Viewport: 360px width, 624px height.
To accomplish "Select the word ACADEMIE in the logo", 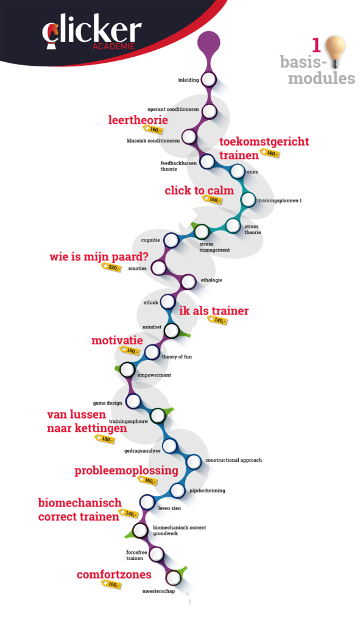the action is (114, 46).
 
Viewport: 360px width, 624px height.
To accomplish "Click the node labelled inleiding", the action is (209, 80).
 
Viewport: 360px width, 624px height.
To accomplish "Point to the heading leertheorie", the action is (138, 120).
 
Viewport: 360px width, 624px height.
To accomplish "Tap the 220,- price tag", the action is (111, 268).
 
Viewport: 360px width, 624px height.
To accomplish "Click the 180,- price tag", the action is (105, 439).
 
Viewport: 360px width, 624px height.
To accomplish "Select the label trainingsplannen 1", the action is (280, 200).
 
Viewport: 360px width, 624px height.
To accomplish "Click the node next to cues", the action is (238, 172).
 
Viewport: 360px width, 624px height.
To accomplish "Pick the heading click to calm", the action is (199, 191).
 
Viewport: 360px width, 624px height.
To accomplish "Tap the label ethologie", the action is (211, 280).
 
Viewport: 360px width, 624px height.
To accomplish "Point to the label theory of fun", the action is (177, 356).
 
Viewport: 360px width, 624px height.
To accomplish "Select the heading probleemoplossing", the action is (127, 471).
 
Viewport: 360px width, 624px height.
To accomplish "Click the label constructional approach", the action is (233, 460).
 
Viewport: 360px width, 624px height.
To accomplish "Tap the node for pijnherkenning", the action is (178, 491).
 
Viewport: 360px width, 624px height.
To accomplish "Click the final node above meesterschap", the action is (173, 578).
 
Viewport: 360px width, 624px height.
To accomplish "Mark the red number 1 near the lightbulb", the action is (316, 45).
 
